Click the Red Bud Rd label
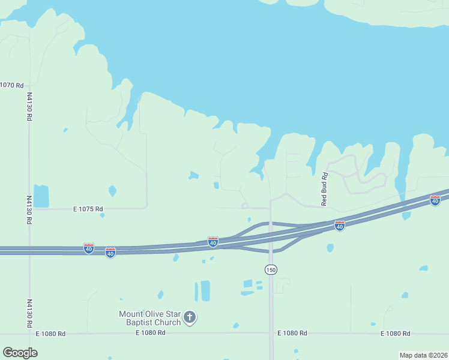pyautogui.click(x=324, y=189)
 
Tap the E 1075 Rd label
pyautogui.click(x=88, y=209)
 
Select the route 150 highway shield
pyautogui.click(x=271, y=270)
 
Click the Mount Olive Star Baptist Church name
pyautogui.click(x=150, y=318)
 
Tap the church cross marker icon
pyautogui.click(x=190, y=317)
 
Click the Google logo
pyautogui.click(x=20, y=353)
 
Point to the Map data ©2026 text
pyautogui.click(x=423, y=355)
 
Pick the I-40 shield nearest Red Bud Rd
pyautogui.click(x=340, y=226)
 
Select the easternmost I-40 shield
pyautogui.click(x=435, y=200)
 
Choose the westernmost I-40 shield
pyautogui.click(x=89, y=248)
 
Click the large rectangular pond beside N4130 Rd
pyautogui.click(x=41, y=196)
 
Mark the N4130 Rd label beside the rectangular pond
pyautogui.click(x=29, y=209)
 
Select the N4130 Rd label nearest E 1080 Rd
pyautogui.click(x=29, y=313)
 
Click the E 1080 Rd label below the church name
pyautogui.click(x=151, y=333)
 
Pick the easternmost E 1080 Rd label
pyautogui.click(x=396, y=333)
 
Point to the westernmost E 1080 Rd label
pyautogui.click(x=50, y=333)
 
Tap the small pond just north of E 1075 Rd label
pyautogui.click(x=112, y=191)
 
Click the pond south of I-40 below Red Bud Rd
pyautogui.click(x=330, y=247)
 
